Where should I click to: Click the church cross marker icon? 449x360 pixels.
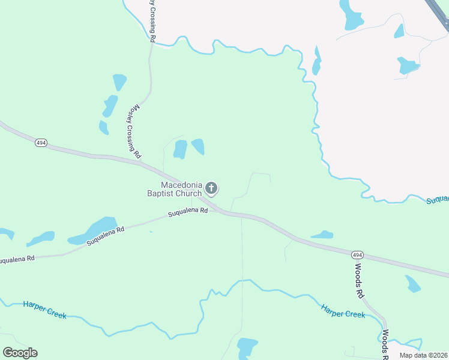[211, 188]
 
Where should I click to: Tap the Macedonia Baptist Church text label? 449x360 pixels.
[175, 189]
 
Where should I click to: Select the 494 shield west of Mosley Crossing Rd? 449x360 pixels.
[40, 143]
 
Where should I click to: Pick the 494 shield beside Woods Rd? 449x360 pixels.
[356, 254]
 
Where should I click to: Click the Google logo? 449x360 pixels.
[20, 353]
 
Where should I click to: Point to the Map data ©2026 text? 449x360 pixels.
[423, 355]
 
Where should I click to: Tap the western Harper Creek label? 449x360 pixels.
[44, 310]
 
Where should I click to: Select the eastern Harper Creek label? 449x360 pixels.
[343, 310]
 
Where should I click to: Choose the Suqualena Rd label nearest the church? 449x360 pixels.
[187, 212]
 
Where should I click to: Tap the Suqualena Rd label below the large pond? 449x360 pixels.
[105, 236]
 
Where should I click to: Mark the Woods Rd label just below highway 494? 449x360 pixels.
[359, 281]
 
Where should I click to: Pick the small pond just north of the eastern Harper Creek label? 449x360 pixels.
[322, 235]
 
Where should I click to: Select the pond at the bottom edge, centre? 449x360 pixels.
[247, 347]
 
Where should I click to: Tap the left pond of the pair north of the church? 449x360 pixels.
[179, 149]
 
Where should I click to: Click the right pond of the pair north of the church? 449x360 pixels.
[197, 146]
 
